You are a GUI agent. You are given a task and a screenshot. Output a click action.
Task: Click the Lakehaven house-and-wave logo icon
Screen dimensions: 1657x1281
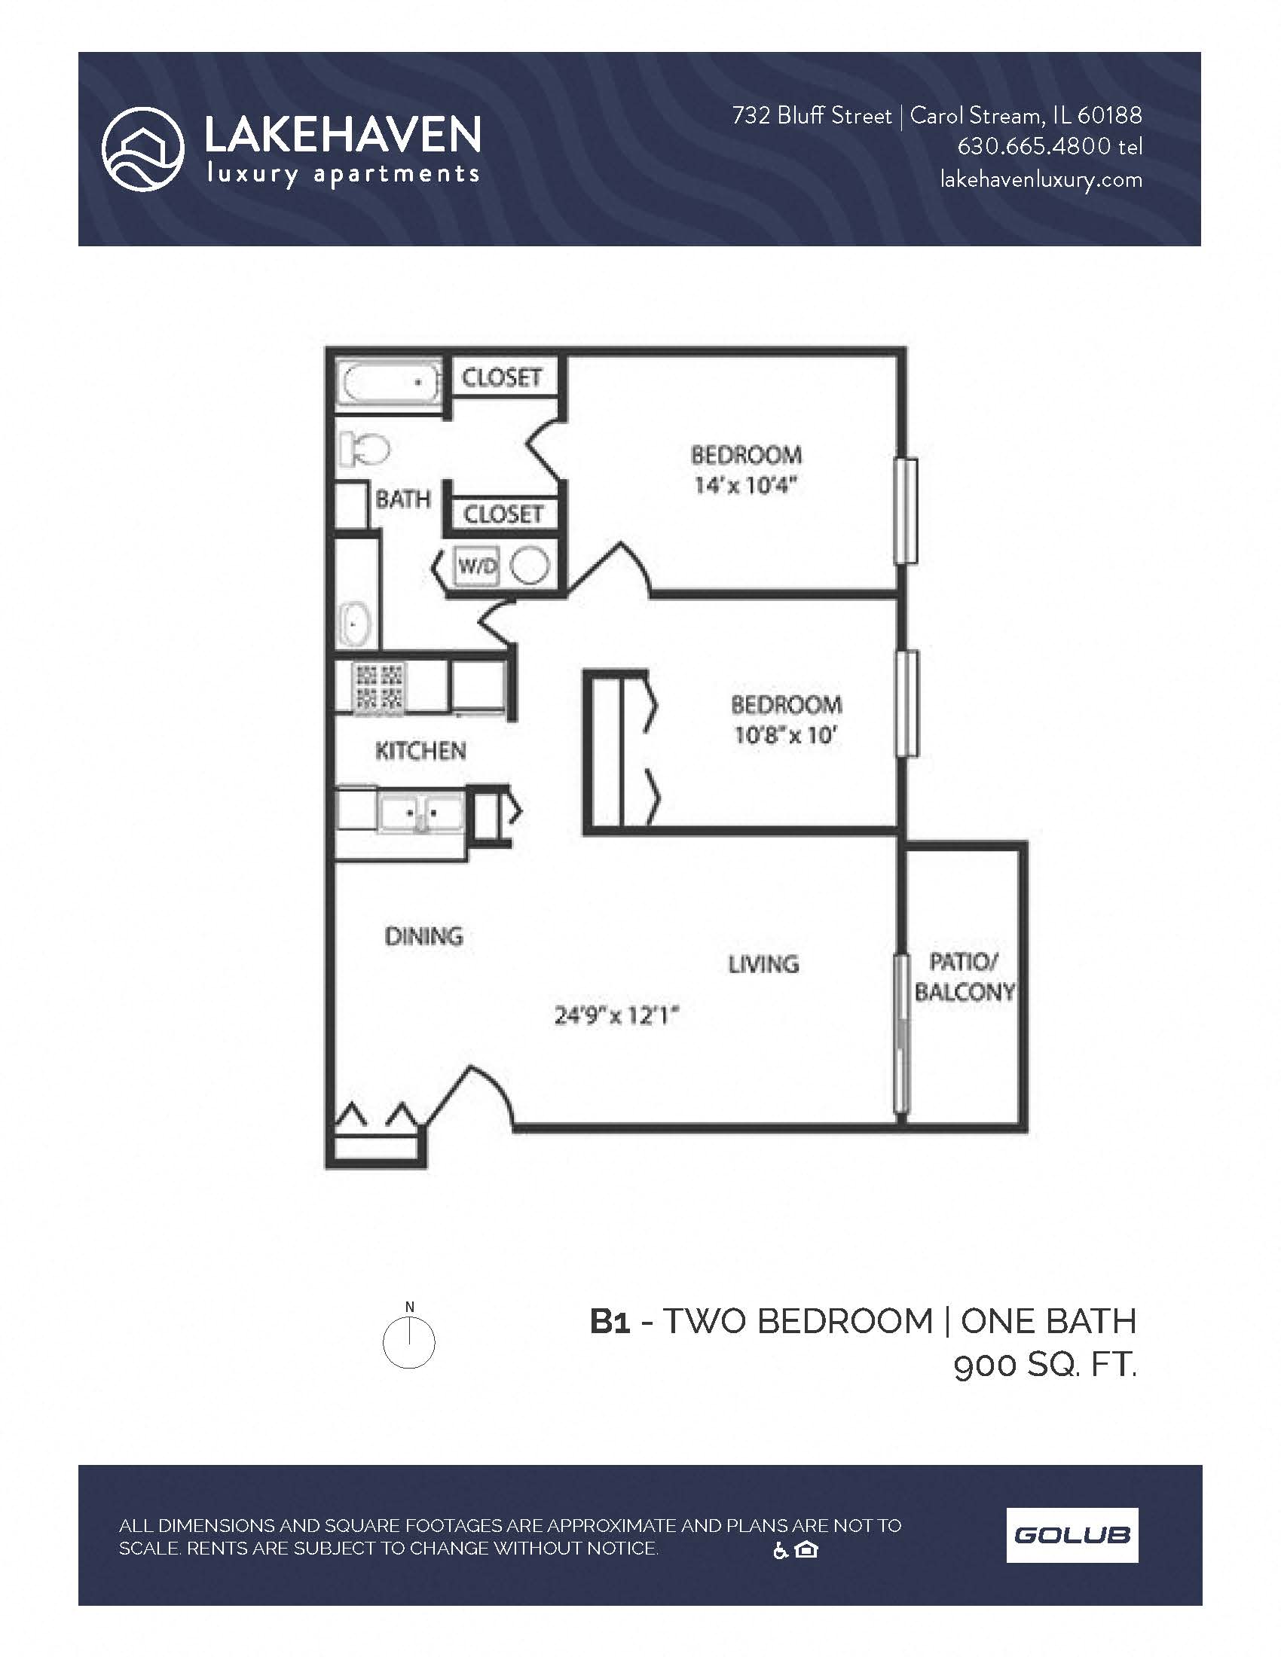[x=142, y=148]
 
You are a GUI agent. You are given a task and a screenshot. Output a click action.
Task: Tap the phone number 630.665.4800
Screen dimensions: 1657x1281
[x=1034, y=146]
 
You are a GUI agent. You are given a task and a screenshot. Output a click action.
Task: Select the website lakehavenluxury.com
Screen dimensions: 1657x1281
[x=1041, y=180]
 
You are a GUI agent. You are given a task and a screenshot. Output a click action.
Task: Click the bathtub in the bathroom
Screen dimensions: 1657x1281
[x=388, y=384]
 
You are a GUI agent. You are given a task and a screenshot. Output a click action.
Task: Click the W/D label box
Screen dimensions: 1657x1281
[x=476, y=566]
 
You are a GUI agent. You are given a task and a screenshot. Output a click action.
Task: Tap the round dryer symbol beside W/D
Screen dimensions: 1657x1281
[x=529, y=566]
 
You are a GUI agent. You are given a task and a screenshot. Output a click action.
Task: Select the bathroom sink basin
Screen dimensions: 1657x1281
[x=353, y=624]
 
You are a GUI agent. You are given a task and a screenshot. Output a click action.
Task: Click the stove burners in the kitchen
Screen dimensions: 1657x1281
[x=380, y=688]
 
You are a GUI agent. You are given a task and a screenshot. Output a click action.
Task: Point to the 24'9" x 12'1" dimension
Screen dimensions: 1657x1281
[x=616, y=1015]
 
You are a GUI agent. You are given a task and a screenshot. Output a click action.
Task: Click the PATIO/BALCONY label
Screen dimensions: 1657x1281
[x=964, y=977]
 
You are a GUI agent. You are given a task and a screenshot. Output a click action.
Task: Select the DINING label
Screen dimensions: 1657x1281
[x=423, y=936]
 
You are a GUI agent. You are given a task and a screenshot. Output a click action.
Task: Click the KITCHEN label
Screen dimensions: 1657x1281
[x=420, y=751]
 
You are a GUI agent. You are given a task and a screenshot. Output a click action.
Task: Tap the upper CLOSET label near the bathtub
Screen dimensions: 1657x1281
[x=502, y=377]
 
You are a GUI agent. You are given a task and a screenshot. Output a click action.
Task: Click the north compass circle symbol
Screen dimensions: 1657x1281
[x=408, y=1343]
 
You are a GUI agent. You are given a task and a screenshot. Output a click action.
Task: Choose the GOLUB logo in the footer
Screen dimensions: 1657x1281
[x=1072, y=1536]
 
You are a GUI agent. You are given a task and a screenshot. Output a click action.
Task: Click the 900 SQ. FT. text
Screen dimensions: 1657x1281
[x=1045, y=1366]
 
